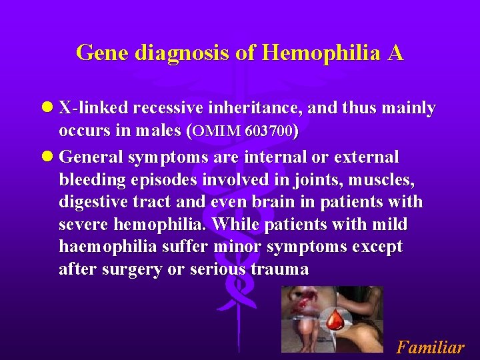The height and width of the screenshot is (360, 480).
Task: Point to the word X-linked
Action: click(93, 108)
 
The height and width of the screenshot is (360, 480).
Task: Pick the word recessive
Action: click(172, 108)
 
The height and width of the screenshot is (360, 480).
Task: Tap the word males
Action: click(161, 131)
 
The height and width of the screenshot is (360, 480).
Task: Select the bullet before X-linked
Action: click(47, 108)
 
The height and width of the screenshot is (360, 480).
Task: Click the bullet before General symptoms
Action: click(47, 157)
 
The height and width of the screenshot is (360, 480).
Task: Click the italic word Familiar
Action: click(430, 347)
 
